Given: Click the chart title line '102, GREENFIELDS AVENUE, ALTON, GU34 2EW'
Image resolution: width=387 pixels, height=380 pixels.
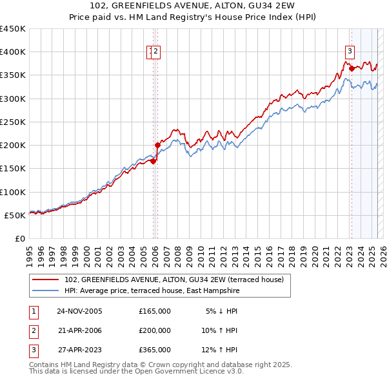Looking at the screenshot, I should pos(193,6).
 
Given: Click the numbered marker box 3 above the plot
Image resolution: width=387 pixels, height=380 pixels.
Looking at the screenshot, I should pos(350,52).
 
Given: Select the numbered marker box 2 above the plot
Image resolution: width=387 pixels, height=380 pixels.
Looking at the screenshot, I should pos(156,52).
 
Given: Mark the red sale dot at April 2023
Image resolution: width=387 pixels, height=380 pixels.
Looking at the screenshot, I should pos(352,68).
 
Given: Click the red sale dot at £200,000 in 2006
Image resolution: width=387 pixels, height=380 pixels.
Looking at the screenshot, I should pos(157,145).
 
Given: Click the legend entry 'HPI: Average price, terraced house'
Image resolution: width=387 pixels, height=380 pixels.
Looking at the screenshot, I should pos(152,291).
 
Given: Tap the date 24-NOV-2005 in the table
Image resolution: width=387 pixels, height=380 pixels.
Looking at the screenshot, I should pos(79,311).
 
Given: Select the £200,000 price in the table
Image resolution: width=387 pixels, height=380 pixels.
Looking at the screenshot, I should pos(155,330).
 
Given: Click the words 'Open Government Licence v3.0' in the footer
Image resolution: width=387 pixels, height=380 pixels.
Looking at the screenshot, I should pos(186,372).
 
